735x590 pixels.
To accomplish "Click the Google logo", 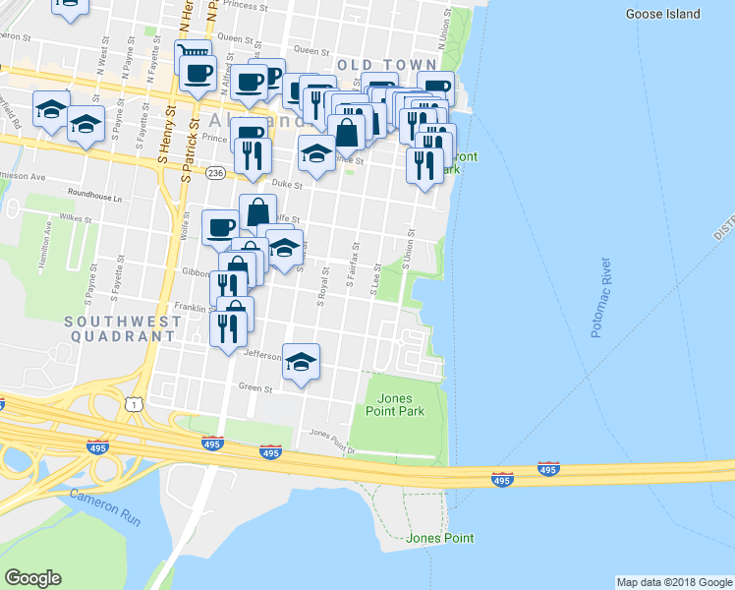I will click(32, 578).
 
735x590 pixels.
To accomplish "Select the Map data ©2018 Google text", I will click(672, 582).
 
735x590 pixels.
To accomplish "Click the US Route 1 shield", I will click(132, 403).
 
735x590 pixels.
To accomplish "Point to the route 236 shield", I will click(215, 172).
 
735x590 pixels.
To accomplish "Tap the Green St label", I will click(254, 388).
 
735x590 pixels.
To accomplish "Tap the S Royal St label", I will click(320, 287).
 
